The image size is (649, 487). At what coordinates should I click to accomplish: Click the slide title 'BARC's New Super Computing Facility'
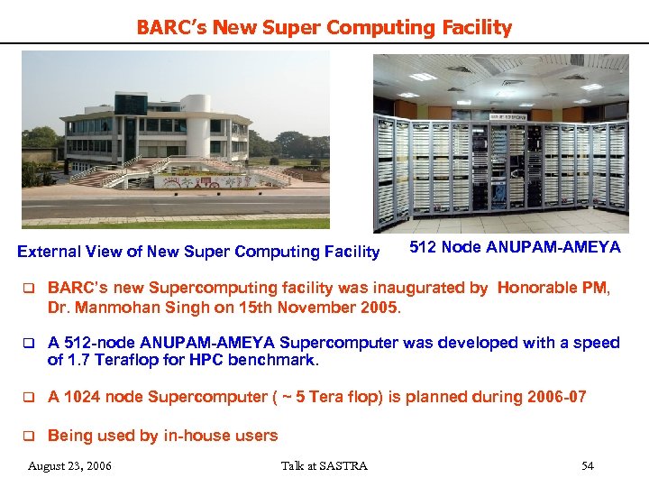324,28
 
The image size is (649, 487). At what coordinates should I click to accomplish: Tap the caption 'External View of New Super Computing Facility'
198,252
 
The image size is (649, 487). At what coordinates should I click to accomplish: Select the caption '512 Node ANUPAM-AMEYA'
515,247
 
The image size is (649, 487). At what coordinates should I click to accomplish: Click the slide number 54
588,465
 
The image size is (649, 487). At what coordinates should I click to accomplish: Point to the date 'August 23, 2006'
70,465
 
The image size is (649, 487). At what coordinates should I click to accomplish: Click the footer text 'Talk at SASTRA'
324,465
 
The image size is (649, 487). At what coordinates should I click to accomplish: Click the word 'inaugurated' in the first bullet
382,289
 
